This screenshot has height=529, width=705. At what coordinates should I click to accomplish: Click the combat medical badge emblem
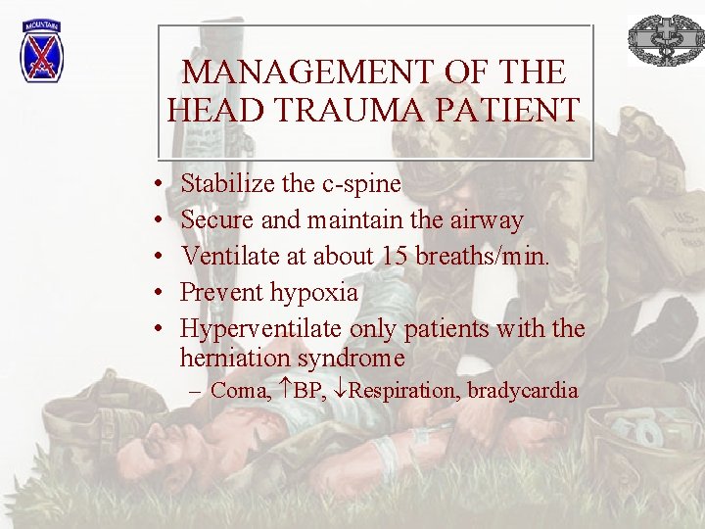pyautogui.click(x=665, y=40)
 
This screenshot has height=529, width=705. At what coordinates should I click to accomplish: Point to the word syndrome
pyautogui.click(x=352, y=358)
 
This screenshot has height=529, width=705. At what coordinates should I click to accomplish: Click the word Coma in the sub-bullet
pyautogui.click(x=240, y=391)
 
